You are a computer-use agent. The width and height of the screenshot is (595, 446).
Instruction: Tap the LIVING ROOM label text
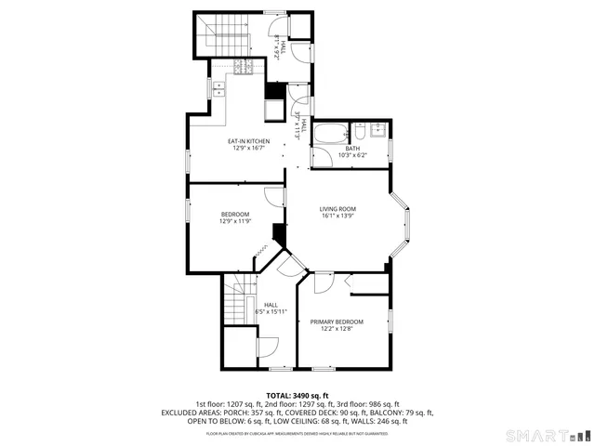coord(338,209)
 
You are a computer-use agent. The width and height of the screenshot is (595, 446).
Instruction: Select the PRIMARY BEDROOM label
coord(337,321)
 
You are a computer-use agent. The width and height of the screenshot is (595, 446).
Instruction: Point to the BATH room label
coord(352,149)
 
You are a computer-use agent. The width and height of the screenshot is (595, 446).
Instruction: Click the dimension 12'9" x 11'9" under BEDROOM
coord(234,221)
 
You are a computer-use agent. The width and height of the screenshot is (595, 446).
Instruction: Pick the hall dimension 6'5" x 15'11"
coord(271,311)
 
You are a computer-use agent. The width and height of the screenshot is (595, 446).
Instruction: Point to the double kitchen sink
coord(218,89)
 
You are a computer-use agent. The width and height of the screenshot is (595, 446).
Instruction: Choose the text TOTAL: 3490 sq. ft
coord(297,395)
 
